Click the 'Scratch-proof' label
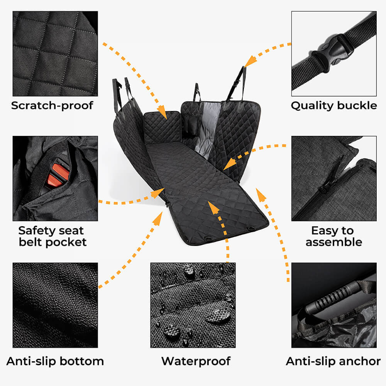(x=52, y=105)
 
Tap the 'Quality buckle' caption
(x=334, y=106)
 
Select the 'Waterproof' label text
(x=196, y=361)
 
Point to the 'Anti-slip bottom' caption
(x=55, y=361)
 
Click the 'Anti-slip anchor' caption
(x=334, y=361)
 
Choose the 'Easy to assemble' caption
(x=334, y=236)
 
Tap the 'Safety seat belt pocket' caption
(x=52, y=236)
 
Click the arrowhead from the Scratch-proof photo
(x=163, y=112)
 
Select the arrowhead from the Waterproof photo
(x=213, y=208)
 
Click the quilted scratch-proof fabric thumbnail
(x=55, y=54)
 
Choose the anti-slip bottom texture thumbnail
(x=55, y=305)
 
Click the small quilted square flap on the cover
(x=162, y=127)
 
